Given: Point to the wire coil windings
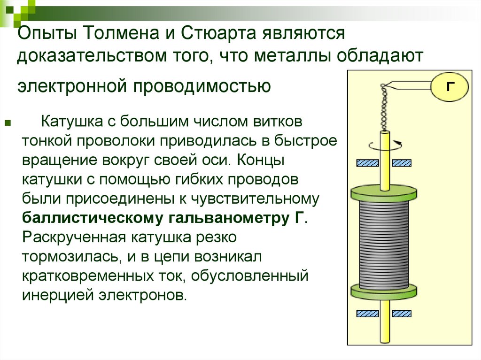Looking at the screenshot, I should pyautogui.click(x=384, y=244).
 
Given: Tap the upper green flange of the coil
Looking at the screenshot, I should pyautogui.click(x=384, y=192).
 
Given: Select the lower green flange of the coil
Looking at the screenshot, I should pyautogui.click(x=384, y=291).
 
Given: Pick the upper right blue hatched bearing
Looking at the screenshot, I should pyautogui.click(x=402, y=163).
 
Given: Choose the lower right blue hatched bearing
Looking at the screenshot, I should pyautogui.click(x=402, y=313).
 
